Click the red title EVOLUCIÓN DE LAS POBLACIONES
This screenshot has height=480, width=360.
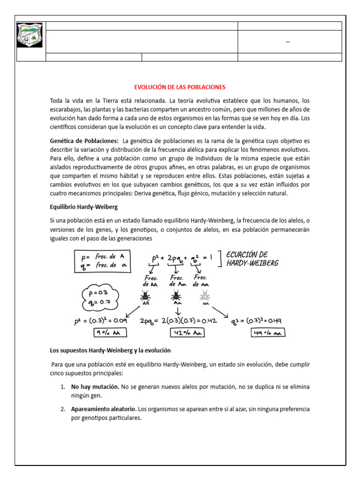180,87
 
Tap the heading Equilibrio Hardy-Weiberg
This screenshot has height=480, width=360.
83,207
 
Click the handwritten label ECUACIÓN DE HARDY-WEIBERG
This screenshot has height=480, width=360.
252,259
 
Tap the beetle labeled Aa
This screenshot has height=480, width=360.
176,296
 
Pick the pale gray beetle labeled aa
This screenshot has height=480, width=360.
205,296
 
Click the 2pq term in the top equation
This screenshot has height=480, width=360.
176,259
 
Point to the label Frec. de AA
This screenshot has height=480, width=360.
150,281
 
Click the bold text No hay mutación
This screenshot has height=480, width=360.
95,387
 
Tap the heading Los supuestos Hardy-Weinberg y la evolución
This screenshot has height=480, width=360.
110,350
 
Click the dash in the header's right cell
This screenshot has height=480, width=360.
288,43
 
